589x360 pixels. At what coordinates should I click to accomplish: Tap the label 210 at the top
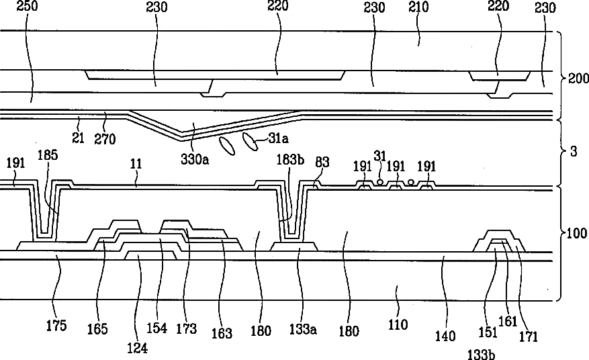point(418,7)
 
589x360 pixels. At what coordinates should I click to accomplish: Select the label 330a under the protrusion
point(195,159)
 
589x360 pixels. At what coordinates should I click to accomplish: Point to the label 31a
point(278,138)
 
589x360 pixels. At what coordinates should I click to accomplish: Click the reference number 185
point(48,155)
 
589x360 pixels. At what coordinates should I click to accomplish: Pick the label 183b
point(290,160)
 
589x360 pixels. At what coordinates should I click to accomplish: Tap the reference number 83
point(322,162)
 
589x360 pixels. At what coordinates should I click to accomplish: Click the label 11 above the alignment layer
point(136,164)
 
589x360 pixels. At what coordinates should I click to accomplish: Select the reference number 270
point(105,139)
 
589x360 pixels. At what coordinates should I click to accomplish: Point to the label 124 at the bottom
point(137,348)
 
